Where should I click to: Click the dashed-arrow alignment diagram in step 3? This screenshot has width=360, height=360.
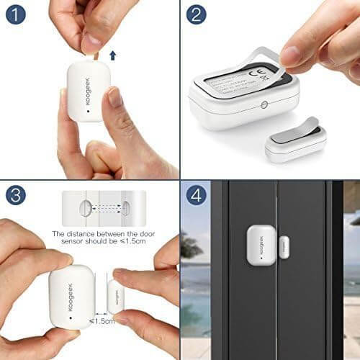104,209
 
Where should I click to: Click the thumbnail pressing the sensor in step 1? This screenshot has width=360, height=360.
114,99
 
